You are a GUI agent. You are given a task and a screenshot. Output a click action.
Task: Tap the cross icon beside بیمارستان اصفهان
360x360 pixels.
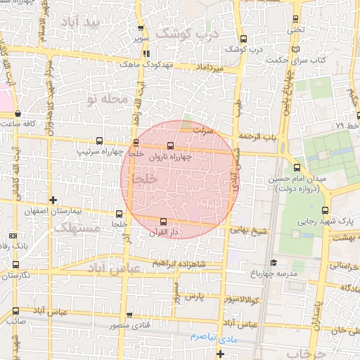tap(53, 200)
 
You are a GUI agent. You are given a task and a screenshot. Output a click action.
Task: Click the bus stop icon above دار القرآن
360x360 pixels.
tap(164, 221)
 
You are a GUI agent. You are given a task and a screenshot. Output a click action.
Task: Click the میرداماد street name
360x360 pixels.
tap(211, 67)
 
